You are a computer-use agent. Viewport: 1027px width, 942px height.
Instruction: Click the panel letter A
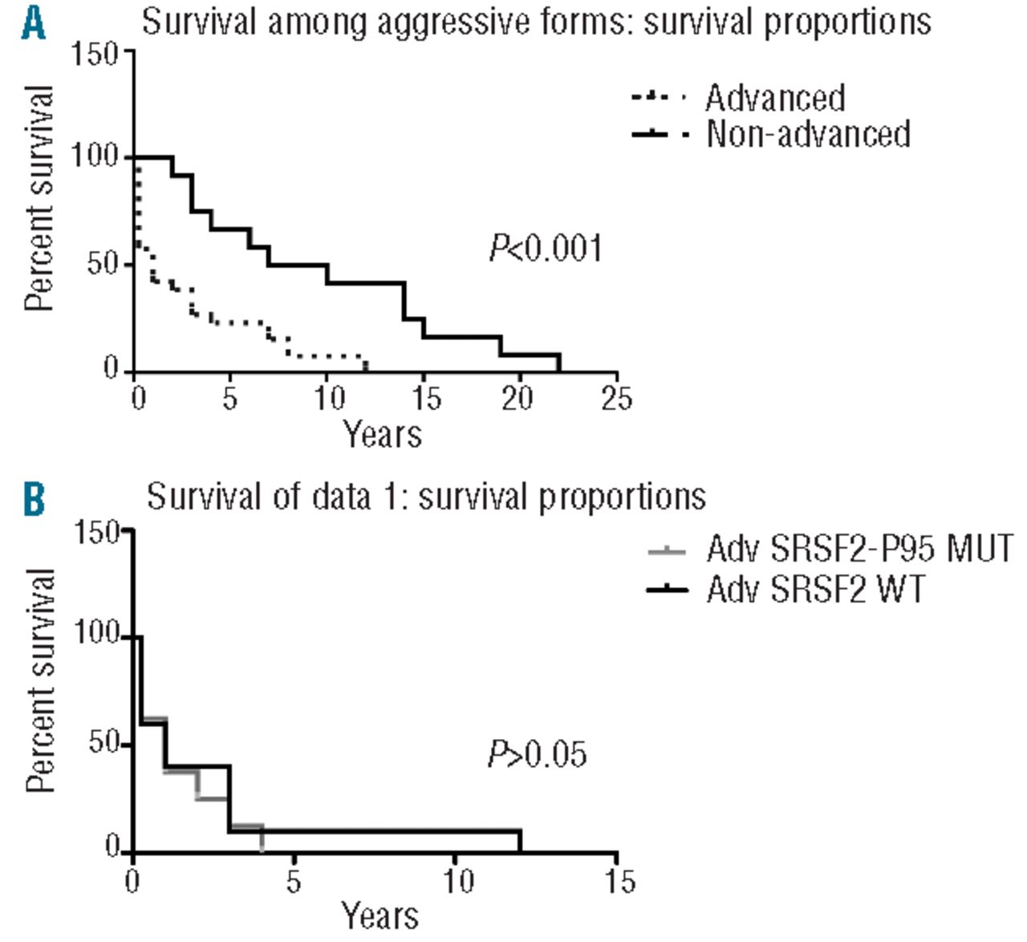click(33, 22)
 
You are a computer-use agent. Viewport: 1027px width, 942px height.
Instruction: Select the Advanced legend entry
click(774, 98)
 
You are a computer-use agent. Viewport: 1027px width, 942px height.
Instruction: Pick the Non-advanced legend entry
click(807, 133)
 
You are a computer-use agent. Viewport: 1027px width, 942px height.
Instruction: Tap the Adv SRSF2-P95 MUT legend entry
click(859, 550)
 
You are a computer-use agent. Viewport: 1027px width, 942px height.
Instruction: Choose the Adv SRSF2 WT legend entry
click(815, 590)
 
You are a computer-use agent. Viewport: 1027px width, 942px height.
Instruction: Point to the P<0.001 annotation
click(546, 248)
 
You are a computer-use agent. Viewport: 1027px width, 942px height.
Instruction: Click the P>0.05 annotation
click(538, 754)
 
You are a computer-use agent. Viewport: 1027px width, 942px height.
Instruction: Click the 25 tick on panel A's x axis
click(616, 398)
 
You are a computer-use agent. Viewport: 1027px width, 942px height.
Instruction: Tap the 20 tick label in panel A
click(518, 398)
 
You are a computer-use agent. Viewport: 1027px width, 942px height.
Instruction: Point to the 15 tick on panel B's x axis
click(617, 881)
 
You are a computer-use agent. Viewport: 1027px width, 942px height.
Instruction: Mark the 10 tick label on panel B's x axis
click(458, 881)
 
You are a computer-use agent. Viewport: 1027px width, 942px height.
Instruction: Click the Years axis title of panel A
click(383, 434)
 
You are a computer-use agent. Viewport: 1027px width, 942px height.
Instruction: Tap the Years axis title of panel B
click(380, 916)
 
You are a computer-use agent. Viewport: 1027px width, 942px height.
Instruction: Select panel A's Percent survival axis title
click(39, 198)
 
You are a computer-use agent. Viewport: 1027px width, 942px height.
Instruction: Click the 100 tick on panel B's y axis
click(95, 635)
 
